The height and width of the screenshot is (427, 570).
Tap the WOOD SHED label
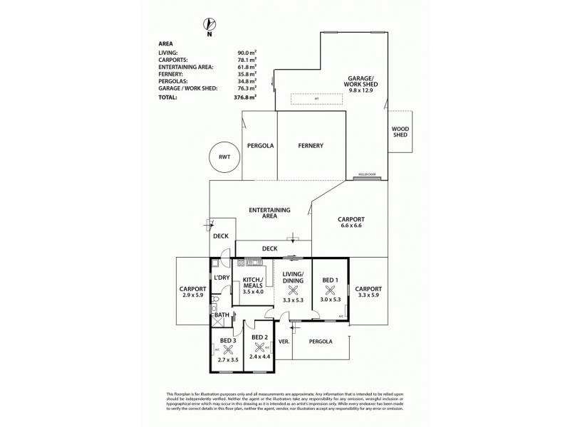click(x=400, y=132)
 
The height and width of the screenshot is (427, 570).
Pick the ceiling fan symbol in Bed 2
click(x=259, y=347)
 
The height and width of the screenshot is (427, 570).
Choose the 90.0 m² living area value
click(x=247, y=53)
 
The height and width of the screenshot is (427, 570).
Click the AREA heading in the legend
click(x=166, y=43)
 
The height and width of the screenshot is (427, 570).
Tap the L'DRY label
click(x=222, y=278)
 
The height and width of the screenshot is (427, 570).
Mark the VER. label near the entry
click(x=282, y=341)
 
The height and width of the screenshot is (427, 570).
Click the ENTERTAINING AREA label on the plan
click(x=269, y=213)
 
